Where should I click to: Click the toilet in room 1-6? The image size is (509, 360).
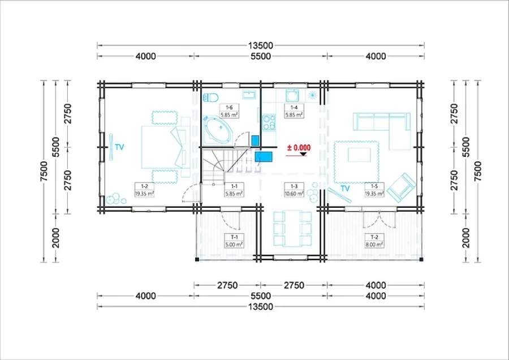point(211,97)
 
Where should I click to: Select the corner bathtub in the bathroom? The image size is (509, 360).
point(215,131)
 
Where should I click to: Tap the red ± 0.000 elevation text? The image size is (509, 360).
point(299,148)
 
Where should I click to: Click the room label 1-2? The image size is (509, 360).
point(144,186)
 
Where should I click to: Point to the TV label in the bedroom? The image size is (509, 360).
point(119,147)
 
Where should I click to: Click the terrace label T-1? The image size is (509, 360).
point(234,237)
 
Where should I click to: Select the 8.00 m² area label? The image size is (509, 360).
point(374,245)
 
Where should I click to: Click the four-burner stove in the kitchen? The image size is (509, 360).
point(269,122)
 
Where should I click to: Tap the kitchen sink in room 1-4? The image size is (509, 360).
point(293,96)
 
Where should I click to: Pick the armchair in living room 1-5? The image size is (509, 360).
point(401,188)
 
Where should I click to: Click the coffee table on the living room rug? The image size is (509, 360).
point(359,155)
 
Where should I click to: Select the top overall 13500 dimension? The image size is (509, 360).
point(261,45)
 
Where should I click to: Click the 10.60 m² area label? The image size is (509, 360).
point(294,194)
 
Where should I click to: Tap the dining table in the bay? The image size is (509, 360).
point(292,229)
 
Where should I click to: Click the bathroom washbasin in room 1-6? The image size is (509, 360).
point(249,95)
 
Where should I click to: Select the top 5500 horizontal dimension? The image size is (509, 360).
point(261,56)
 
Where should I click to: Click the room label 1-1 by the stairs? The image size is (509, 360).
point(234,186)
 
